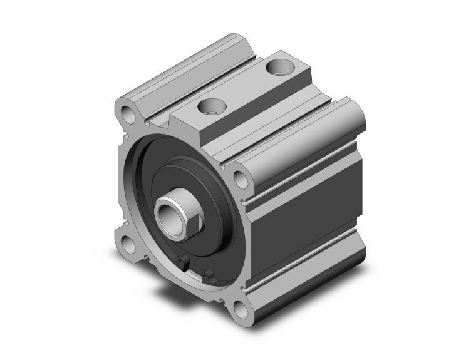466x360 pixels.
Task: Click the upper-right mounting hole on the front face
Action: click(241, 179)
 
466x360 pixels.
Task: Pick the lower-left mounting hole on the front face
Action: click(129, 244)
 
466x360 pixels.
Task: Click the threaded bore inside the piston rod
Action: click(167, 216)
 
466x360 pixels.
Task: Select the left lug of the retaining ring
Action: click(183, 264)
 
